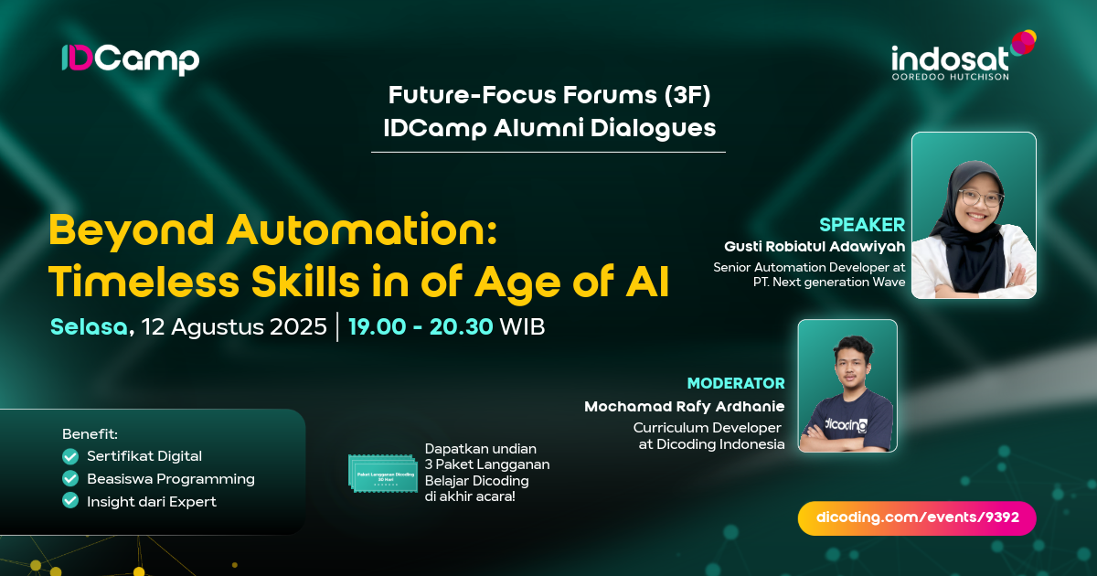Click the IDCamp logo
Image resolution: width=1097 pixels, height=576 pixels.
[130, 59]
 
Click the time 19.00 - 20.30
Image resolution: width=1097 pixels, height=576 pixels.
[421, 326]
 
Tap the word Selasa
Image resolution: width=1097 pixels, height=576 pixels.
[89, 326]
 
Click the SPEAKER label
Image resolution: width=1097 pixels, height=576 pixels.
[862, 225]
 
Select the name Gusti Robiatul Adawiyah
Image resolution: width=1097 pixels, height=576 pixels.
[814, 247]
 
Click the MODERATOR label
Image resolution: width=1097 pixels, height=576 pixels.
[736, 383]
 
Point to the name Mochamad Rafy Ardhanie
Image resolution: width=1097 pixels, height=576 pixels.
[685, 406]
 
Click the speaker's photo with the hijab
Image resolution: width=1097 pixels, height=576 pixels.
[974, 216]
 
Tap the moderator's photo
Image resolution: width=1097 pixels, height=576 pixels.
[847, 385]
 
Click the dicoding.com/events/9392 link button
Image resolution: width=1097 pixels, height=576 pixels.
[917, 517]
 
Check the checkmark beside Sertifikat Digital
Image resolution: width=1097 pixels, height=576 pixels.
[70, 456]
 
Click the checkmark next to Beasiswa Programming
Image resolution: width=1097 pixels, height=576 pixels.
[70, 478]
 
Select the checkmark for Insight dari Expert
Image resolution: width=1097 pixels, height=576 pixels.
[70, 500]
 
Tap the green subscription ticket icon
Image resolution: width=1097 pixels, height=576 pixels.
[382, 475]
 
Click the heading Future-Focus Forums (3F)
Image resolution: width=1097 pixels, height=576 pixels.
[549, 94]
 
